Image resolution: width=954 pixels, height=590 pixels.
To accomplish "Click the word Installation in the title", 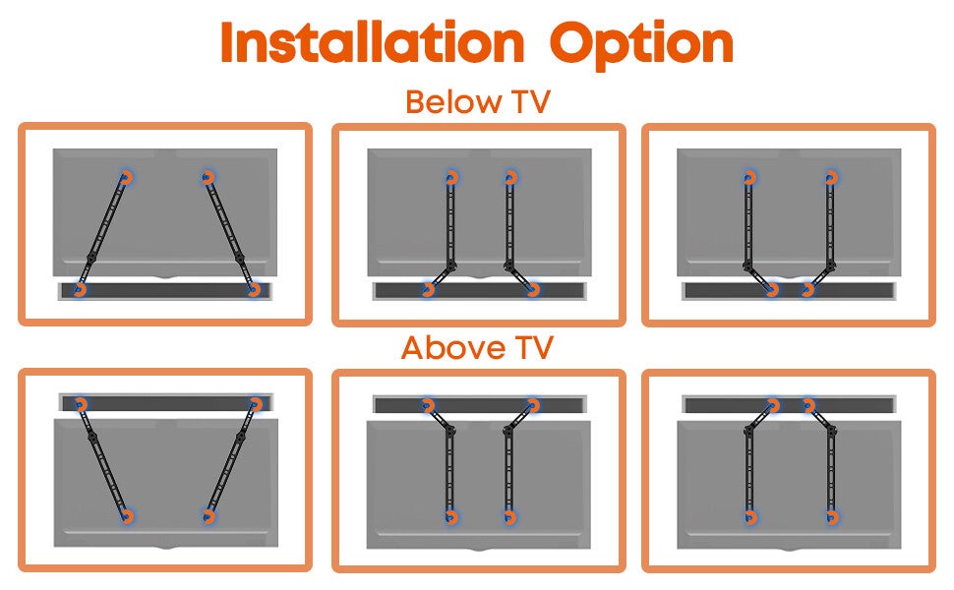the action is (373, 41).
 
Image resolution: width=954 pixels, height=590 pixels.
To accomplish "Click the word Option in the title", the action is (641, 44).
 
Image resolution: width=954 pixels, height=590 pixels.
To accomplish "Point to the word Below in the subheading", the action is (453, 101).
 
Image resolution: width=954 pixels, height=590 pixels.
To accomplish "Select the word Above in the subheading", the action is (453, 348).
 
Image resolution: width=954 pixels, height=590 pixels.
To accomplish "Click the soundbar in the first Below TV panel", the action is (165, 291).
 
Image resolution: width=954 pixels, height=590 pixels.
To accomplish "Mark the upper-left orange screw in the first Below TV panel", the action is (126, 178).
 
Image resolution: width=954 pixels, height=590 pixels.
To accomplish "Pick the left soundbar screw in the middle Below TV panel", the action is (429, 289).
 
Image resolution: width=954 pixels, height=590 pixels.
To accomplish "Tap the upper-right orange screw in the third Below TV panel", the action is (831, 178).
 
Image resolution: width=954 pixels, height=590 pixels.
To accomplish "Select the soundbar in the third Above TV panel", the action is (789, 404).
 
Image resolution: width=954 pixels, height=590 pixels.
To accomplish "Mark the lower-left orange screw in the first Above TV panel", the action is (127, 516).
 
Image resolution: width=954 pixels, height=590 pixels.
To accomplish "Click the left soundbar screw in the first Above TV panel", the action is (81, 404).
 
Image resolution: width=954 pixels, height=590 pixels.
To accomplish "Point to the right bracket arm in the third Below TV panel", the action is (826, 234).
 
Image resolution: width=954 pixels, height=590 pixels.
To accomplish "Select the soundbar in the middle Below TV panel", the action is (479, 291).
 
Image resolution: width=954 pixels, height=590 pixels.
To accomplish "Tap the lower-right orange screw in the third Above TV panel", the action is (832, 517).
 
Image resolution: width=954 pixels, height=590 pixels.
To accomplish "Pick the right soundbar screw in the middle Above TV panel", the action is (534, 405).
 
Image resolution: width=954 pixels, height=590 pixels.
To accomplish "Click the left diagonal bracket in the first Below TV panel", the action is (102, 234).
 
